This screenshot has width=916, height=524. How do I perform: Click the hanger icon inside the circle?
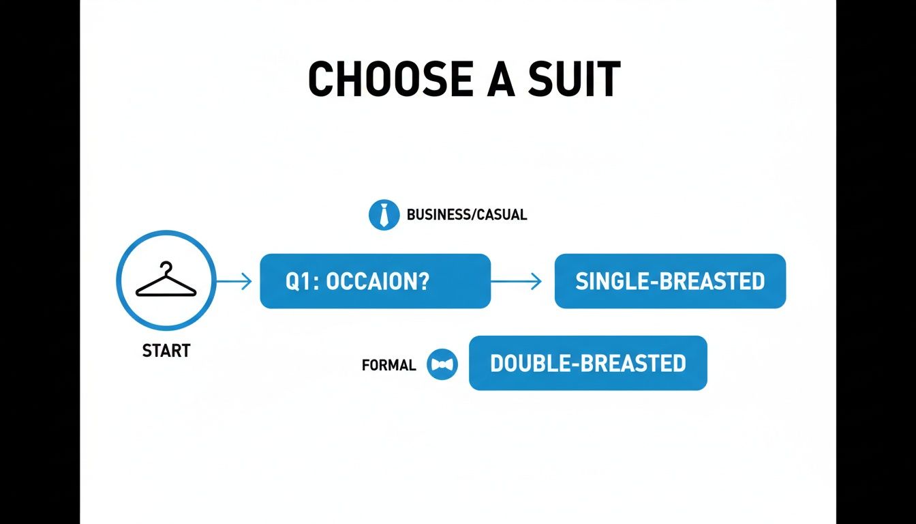tap(166, 280)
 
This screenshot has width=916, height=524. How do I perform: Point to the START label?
tap(166, 351)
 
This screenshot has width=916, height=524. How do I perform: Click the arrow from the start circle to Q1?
tap(234, 281)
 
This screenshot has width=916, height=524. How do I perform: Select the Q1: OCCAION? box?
tap(375, 281)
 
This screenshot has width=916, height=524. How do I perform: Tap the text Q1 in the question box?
tap(297, 282)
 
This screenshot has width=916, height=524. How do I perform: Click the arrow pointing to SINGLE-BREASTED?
tap(517, 281)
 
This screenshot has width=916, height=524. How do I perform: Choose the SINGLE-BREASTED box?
tap(670, 281)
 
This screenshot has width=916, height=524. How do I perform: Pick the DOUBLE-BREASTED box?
tap(587, 363)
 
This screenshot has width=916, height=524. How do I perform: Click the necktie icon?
tap(384, 215)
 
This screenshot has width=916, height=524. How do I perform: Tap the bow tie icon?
tap(442, 364)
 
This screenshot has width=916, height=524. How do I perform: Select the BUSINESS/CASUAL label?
tap(466, 215)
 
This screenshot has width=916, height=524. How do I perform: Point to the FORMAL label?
tap(388, 366)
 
